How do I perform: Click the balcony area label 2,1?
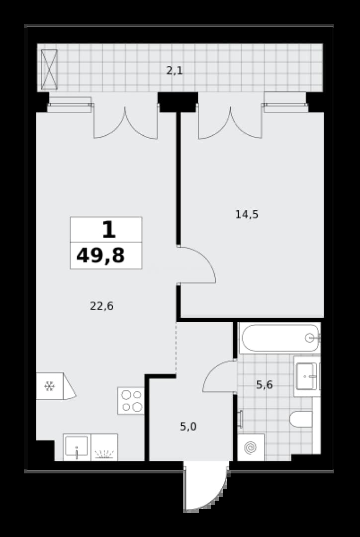pos(175,71)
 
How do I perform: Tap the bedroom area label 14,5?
pos(247,215)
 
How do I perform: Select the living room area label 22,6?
pos(101,306)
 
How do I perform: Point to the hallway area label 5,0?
pos(188,427)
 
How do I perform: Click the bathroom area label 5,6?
pos(265,385)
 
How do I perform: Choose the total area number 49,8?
pos(100,256)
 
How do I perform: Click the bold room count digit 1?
pos(109,229)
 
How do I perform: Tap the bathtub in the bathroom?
pos(280,338)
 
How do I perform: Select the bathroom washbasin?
pos(307,376)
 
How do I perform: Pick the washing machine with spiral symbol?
pos(251,447)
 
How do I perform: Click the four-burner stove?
pos(131,401)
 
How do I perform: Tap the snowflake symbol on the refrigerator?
pos(50,386)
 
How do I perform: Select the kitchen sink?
pos(77,447)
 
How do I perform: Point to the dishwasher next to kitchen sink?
pos(104,447)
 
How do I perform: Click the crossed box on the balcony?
pos(49,70)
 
